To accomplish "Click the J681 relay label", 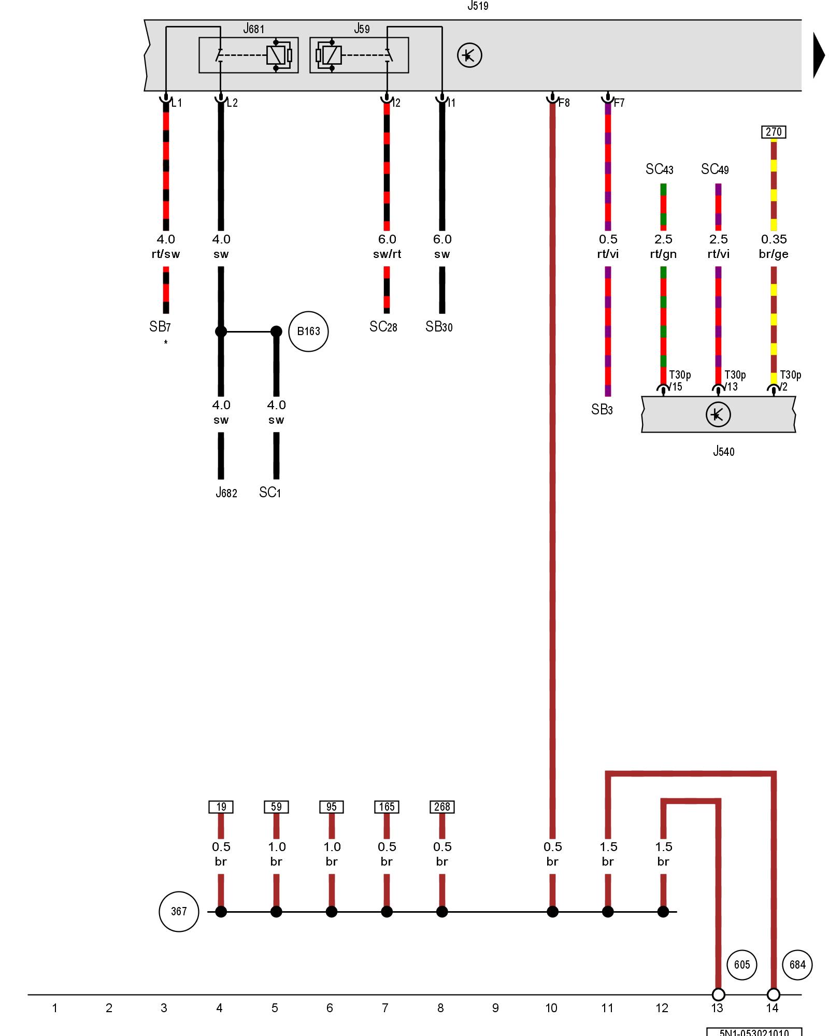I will click(253, 29).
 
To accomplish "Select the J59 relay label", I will click(362, 29).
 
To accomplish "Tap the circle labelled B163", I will click(308, 332).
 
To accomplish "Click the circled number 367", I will click(179, 912).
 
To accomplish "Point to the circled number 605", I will click(742, 965).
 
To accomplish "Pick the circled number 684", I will click(797, 965).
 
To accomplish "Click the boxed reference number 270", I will click(774, 132).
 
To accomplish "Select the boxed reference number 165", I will click(387, 807).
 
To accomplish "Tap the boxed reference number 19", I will click(221, 807).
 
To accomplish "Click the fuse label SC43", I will click(659, 169).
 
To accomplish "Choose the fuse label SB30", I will click(439, 327).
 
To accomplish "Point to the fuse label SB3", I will click(602, 410).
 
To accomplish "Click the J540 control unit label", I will click(723, 451).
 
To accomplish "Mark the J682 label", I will click(226, 493).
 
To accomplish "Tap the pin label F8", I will click(564, 103).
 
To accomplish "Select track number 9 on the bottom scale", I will click(495, 1008).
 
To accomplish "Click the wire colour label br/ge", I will click(774, 254).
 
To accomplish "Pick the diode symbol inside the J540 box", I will click(718, 414).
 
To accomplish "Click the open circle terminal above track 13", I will click(718, 995).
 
